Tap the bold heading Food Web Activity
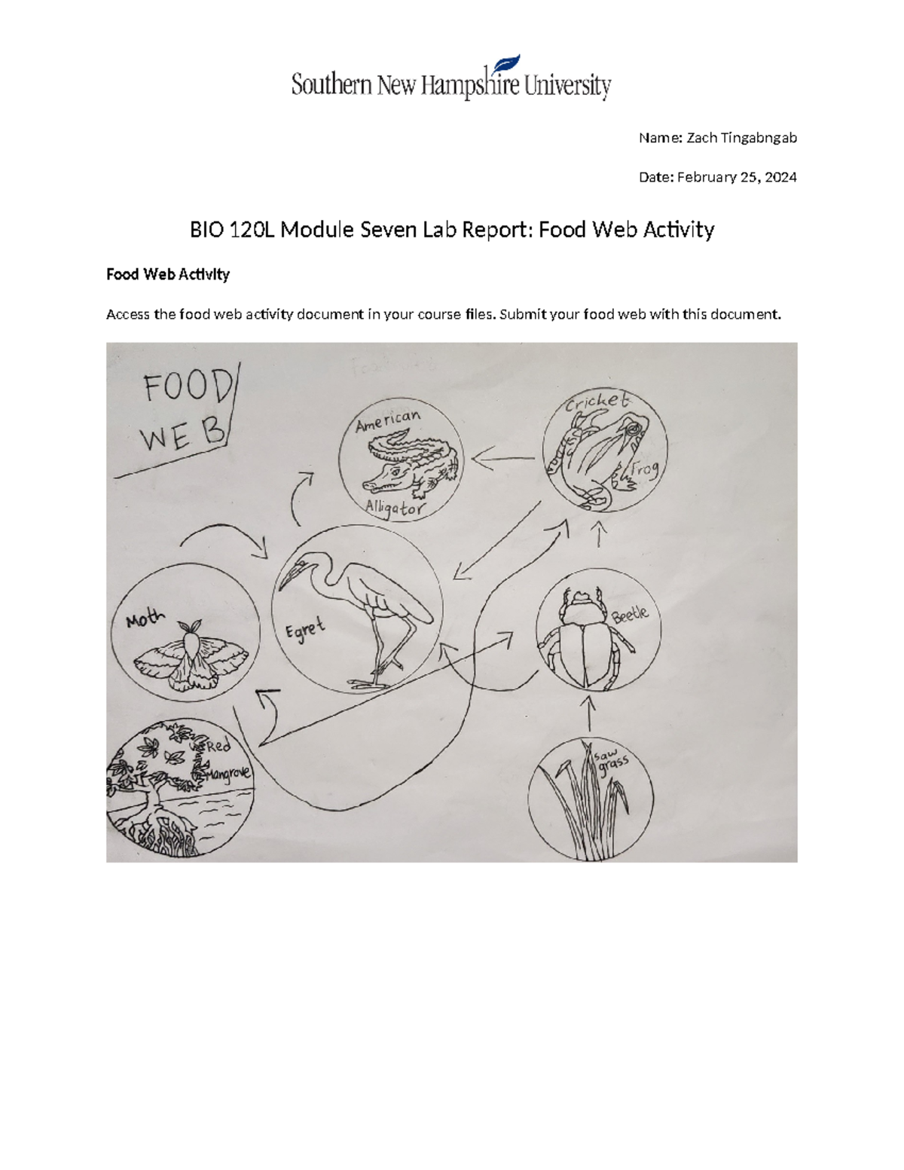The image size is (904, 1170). (x=167, y=274)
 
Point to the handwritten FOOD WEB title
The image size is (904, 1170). (x=184, y=411)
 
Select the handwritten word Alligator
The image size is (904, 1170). (x=395, y=509)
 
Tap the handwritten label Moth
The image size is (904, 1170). (x=145, y=619)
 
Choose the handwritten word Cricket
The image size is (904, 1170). (x=597, y=402)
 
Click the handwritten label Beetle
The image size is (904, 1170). (x=630, y=615)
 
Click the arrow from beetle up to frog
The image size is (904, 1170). (x=600, y=536)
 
